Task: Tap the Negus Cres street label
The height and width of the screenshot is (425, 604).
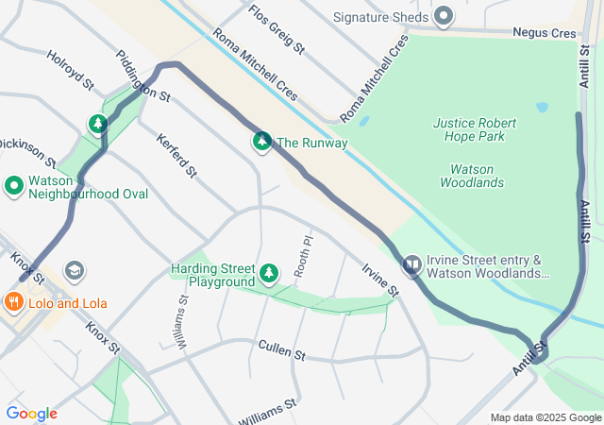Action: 544,32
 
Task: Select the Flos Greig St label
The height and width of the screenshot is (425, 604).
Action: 277,28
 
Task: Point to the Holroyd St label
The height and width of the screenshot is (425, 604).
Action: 71,71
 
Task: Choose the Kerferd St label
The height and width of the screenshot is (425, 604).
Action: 176,156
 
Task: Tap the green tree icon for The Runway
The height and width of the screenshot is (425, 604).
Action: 261,143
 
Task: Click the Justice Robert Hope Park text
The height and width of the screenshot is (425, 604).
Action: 482,129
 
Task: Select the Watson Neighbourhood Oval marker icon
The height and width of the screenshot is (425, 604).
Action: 14,186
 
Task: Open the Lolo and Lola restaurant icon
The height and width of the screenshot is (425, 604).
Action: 14,303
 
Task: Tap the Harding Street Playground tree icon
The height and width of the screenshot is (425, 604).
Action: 270,274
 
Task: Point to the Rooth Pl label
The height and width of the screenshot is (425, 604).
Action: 301,256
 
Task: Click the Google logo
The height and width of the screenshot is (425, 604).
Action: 31,413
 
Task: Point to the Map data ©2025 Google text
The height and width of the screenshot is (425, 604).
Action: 545,417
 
